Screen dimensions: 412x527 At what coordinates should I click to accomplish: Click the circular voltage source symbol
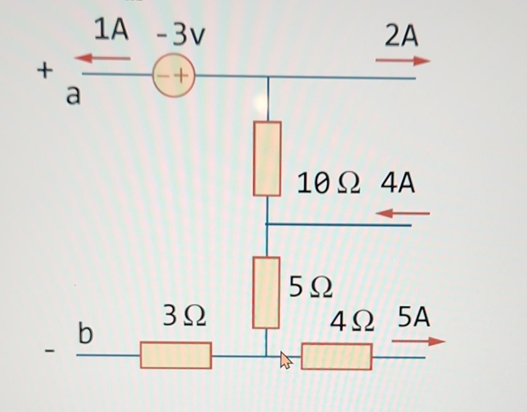pyautogui.click(x=174, y=75)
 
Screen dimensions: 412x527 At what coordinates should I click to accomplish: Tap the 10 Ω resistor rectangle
pyautogui.click(x=267, y=159)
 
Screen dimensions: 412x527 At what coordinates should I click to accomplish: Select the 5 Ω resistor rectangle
pyautogui.click(x=266, y=293)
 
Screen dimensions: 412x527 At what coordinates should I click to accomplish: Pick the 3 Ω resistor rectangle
pyautogui.click(x=176, y=355)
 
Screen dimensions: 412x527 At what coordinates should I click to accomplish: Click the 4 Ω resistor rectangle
pyautogui.click(x=337, y=357)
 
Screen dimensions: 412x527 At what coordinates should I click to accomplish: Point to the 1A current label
pyautogui.click(x=111, y=31)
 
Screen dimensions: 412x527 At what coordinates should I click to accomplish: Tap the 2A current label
pyautogui.click(x=401, y=37)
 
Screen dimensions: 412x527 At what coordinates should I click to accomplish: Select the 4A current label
pyautogui.click(x=398, y=183)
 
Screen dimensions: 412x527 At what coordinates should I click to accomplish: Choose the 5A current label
pyautogui.click(x=414, y=317)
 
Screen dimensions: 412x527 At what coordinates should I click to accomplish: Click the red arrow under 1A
pyautogui.click(x=102, y=58)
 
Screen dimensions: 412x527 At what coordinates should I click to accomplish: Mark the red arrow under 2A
pyautogui.click(x=402, y=61)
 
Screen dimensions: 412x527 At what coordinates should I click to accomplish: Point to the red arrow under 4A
pyautogui.click(x=402, y=214)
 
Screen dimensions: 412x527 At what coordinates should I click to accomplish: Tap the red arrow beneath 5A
pyautogui.click(x=418, y=341)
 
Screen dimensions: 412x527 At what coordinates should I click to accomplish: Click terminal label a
pyautogui.click(x=73, y=95)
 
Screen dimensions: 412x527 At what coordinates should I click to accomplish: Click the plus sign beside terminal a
pyautogui.click(x=45, y=71)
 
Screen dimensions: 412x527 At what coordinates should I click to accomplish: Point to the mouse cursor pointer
pyautogui.click(x=286, y=360)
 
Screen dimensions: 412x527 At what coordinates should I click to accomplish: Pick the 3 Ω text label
pyautogui.click(x=185, y=315)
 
